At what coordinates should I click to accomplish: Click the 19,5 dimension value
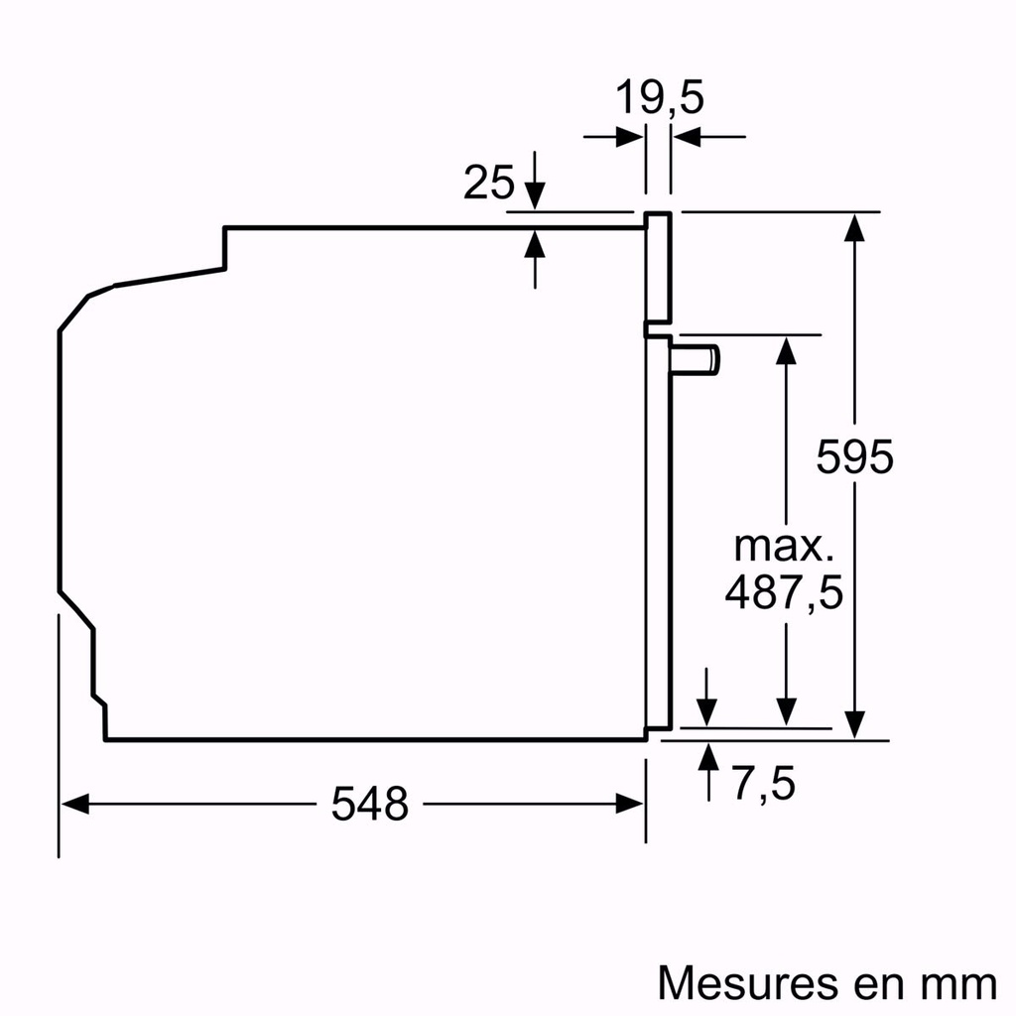click(x=659, y=98)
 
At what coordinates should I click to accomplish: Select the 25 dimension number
click(x=489, y=184)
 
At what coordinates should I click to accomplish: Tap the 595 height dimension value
click(x=854, y=456)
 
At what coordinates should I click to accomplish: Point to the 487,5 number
click(x=784, y=593)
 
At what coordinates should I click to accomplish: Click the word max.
click(x=784, y=547)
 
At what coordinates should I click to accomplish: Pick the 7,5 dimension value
click(x=764, y=785)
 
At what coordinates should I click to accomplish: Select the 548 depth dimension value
click(x=369, y=804)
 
